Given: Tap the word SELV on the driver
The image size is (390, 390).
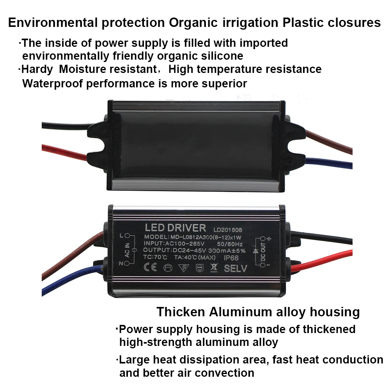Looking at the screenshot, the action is tap(236, 269).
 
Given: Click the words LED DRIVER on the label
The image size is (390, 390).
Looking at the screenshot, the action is tap(175, 228).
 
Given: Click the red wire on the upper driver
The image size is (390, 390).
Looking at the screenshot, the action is tap(62, 151).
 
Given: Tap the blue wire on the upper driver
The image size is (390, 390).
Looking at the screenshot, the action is tap(328, 161).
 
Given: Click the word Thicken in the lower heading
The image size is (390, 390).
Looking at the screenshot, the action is tap(181, 312).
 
